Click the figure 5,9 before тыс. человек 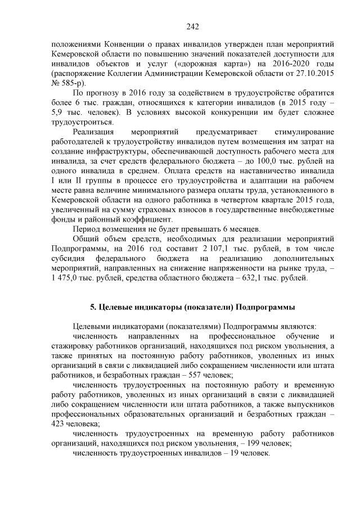click(57, 112)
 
